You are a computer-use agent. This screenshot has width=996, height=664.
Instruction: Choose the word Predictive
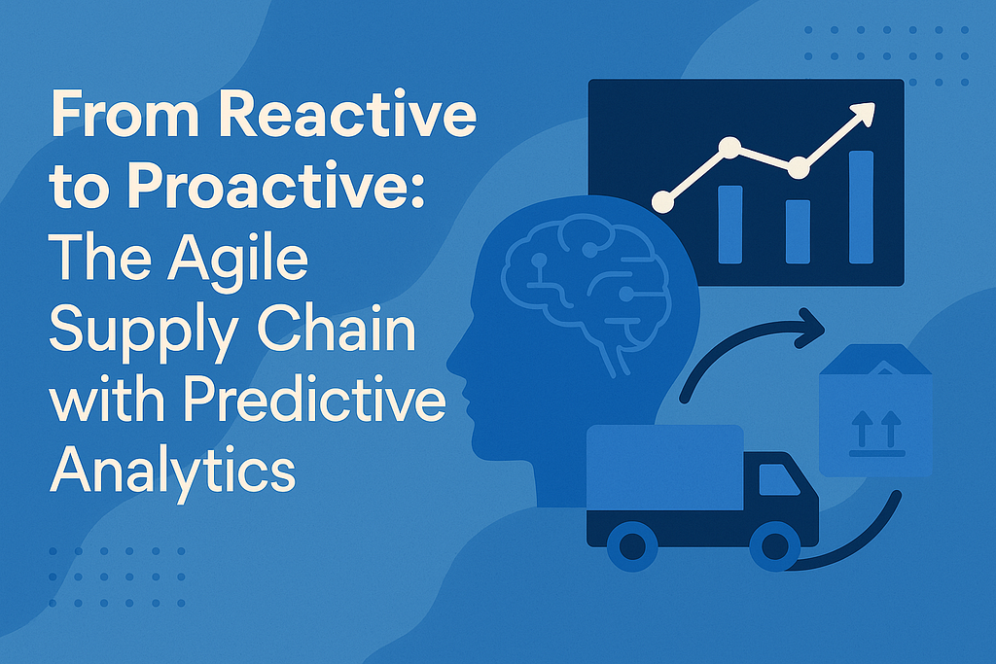pos(314,402)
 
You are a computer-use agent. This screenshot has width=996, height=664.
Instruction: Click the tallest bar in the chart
pos(862,207)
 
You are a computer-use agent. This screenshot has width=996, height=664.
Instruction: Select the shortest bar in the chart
pos(798,231)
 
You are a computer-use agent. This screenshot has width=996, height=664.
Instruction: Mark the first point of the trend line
pos(662,202)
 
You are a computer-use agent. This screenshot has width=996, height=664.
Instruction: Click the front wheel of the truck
pos(775,546)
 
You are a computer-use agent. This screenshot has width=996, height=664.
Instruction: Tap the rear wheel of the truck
pos(632,546)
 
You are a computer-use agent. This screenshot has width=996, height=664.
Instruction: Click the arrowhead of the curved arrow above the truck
pos(810,329)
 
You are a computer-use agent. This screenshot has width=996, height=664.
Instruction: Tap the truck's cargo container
pos(664,468)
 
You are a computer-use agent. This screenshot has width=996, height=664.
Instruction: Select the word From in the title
pos(127,116)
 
